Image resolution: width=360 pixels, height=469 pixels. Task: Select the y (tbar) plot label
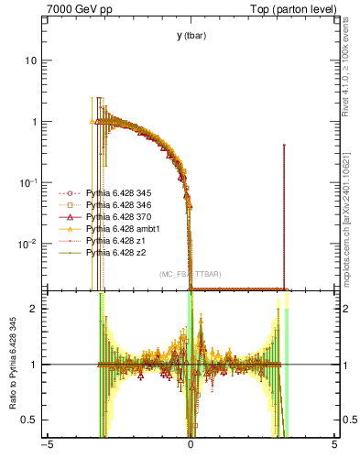pyautogui.click(x=191, y=36)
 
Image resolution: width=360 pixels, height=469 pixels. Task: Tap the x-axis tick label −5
pyautogui.click(x=48, y=446)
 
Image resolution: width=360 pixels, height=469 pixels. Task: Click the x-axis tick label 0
pyautogui.click(x=191, y=446)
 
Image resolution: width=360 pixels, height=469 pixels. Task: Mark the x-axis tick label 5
pyautogui.click(x=333, y=446)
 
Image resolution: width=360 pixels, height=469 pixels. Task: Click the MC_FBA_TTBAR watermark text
pyautogui.click(x=190, y=275)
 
